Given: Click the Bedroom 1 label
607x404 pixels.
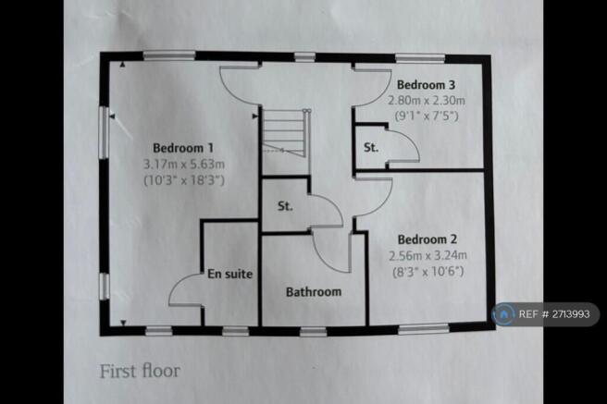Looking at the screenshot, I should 183,148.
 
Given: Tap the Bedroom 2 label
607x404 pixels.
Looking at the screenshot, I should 421,237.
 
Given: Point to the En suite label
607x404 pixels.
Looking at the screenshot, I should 230,275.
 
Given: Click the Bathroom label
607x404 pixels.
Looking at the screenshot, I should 313,292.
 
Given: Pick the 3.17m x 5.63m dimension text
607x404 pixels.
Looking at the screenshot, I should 183,165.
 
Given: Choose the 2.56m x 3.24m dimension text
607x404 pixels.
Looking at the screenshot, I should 422,254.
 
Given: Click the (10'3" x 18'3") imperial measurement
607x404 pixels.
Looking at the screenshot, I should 183,181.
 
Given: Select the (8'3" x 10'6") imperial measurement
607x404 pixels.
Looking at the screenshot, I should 422,271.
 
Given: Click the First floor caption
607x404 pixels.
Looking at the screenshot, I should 140,371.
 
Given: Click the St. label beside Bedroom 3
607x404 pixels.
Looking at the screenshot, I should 369,146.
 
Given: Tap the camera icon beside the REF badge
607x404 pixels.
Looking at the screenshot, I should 506,314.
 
